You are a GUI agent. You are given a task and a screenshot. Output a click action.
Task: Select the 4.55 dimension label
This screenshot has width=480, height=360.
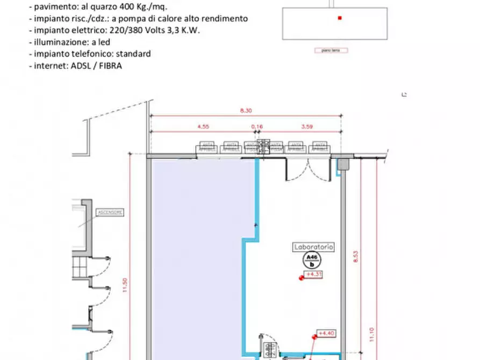pos(203,127)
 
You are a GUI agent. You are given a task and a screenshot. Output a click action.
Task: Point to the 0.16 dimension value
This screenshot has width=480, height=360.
pos(258,127)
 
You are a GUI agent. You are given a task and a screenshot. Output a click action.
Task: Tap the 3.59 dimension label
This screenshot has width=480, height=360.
pos(307,127)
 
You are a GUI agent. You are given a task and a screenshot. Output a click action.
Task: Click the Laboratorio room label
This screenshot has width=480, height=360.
pos(314,247)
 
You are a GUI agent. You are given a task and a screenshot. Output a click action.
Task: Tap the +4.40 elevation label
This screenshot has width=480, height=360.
pos(326,333)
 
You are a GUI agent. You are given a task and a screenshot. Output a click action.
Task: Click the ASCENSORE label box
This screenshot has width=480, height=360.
pos(110,213)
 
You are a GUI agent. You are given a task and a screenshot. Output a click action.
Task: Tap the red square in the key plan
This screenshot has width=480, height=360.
pos(340,18)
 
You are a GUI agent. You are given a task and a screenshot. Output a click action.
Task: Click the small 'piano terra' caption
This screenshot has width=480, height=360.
pos(331,51)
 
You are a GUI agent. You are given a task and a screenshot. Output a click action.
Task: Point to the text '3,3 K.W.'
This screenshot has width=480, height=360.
pos(184,30)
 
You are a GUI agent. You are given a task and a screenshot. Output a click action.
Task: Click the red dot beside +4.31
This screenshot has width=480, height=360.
pos(302,277)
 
